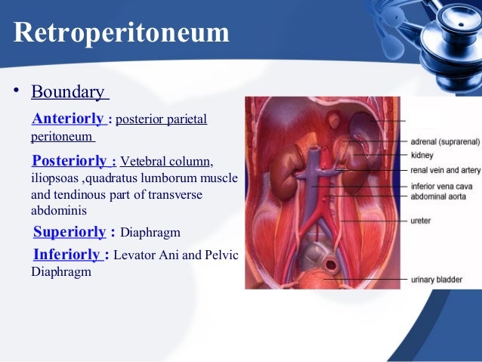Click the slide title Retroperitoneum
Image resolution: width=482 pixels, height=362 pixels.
coord(121,33)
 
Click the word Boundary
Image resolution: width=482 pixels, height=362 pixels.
coord(67,92)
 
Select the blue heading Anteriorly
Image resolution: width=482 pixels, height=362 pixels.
coord(68,119)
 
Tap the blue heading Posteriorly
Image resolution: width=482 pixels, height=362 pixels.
coord(70,160)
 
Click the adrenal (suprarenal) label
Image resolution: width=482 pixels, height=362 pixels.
coord(443,141)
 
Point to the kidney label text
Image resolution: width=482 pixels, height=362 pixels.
coord(422,155)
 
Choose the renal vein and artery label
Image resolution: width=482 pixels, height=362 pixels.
coord(445,170)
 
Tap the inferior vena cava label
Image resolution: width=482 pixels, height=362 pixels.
coord(441,185)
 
